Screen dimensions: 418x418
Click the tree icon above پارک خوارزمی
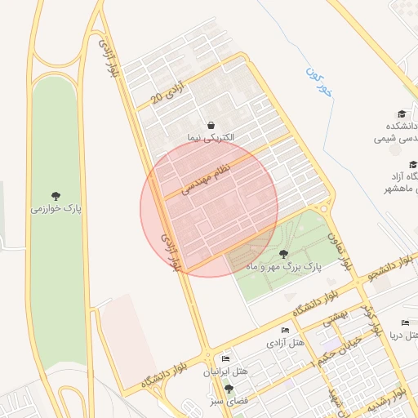pos(56,196)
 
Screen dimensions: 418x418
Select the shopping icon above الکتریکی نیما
pos(211,126)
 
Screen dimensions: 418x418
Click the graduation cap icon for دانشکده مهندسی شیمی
pos(401,113)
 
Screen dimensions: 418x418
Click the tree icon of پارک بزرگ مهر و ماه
pos(282,254)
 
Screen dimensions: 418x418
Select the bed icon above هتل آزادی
pos(284,330)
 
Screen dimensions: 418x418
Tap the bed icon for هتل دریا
pos(405,323)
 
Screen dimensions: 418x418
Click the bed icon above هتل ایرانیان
pos(225,359)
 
